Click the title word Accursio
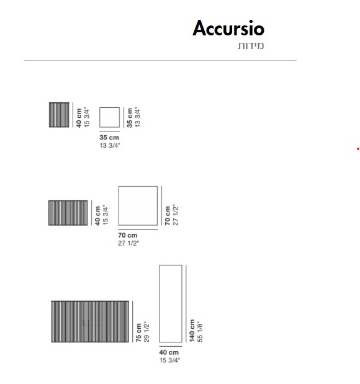coord(228,28)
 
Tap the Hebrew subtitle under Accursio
coord(251,46)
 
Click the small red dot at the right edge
coord(358,149)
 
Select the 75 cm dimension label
coord(138,333)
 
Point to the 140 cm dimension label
coord(192,331)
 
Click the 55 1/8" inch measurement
coord(200,332)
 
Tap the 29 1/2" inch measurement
coord(146,332)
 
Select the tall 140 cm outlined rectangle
coord(160,304)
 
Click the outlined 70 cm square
coord(119,206)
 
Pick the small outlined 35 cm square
coord(100,117)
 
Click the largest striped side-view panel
coord(90,321)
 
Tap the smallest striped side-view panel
coord(59,115)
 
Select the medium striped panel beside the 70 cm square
coord(68,213)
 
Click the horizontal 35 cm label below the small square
coord(109,137)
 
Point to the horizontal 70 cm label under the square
coord(128,235)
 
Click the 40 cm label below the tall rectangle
coord(169,352)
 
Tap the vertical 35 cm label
coord(130,118)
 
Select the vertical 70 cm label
coord(168,216)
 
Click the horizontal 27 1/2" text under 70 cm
coord(128,243)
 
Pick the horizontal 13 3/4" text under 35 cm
coord(110,145)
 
